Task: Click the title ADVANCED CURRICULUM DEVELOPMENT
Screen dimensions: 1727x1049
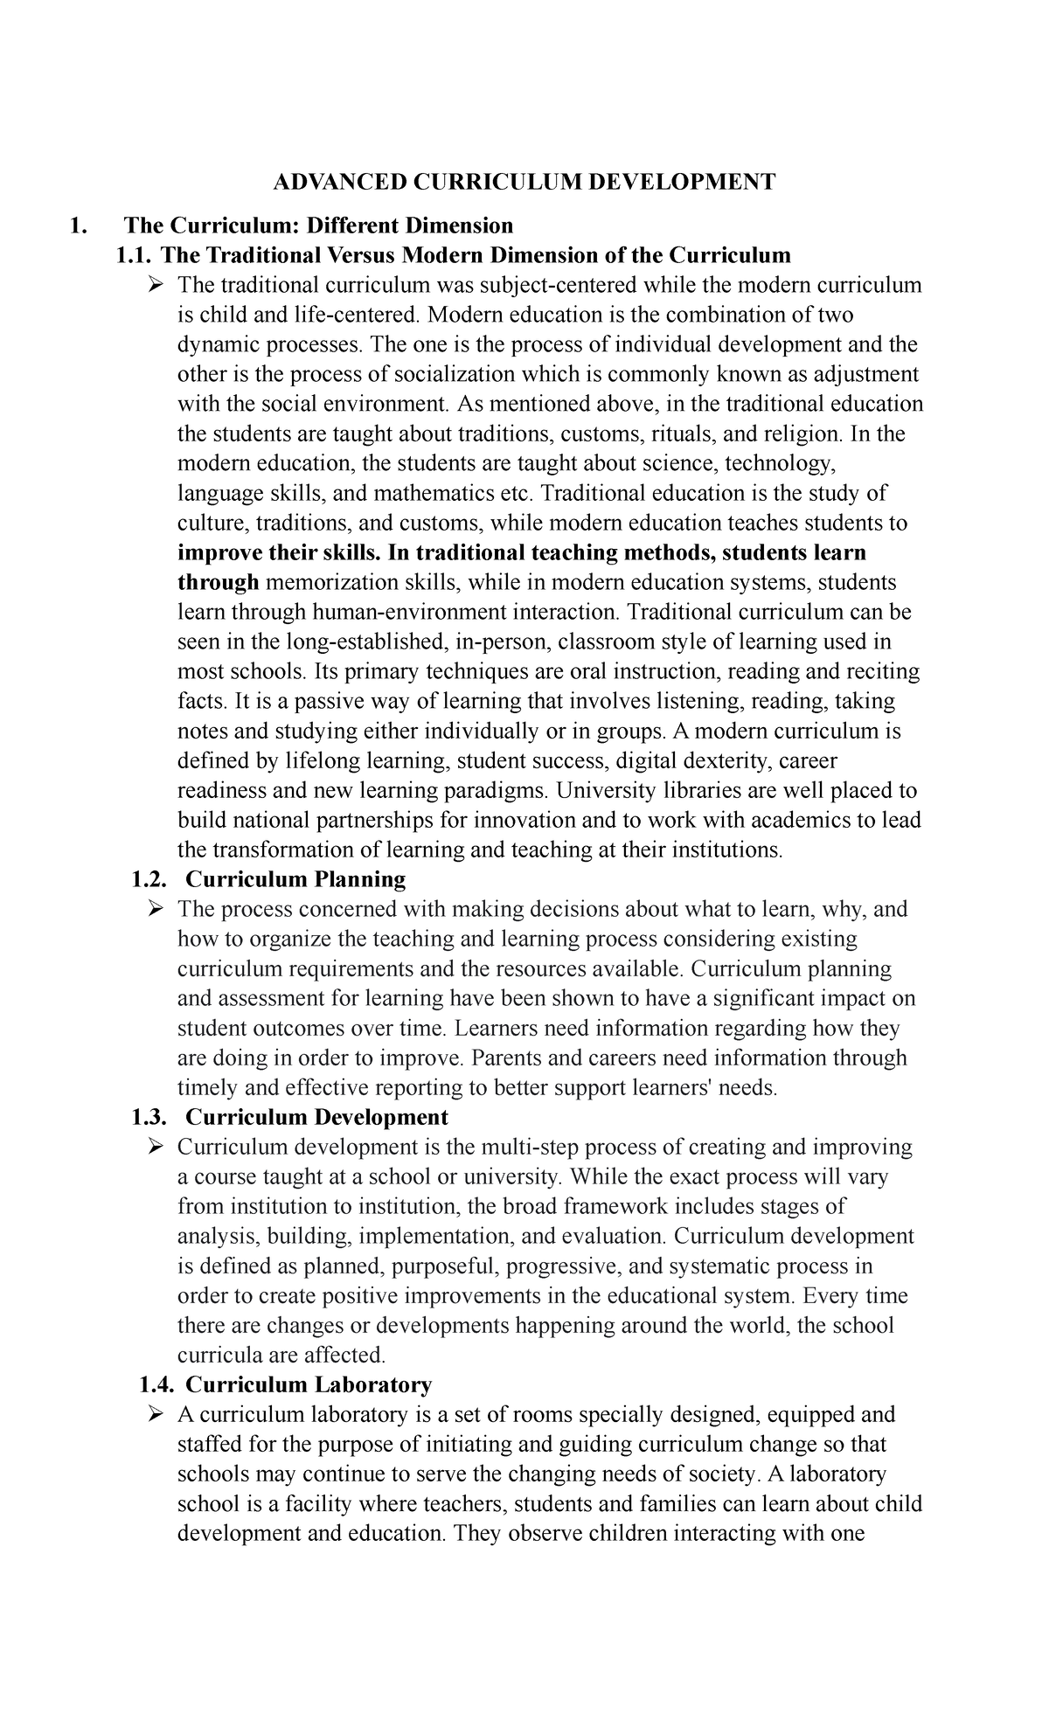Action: pyautogui.click(x=524, y=182)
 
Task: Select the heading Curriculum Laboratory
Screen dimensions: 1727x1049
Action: pyautogui.click(x=309, y=1385)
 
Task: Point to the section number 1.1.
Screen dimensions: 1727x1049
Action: pyautogui.click(x=135, y=255)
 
